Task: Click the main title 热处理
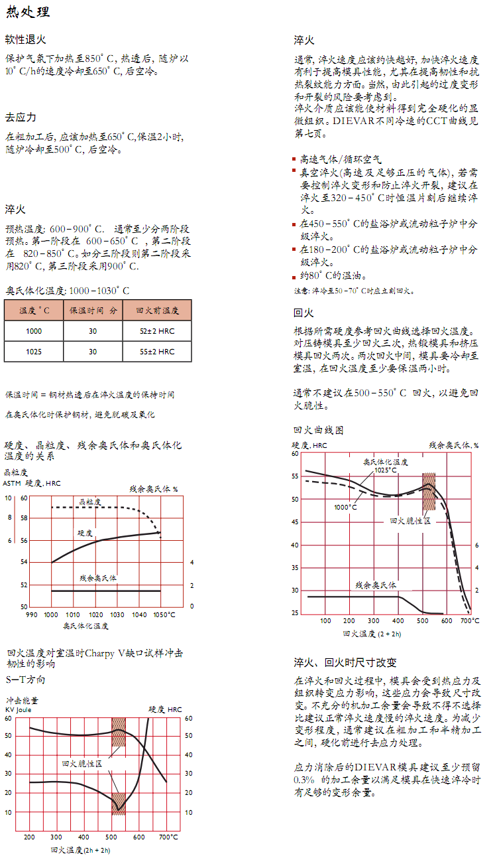pos(27,13)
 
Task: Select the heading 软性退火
pos(26,40)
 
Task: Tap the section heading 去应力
pos(21,117)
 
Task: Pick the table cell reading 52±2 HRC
pos(157,330)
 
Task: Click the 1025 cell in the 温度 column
pos(34,352)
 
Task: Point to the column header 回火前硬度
pos(157,311)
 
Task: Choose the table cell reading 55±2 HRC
pos(157,352)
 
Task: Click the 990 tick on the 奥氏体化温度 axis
pos(31,615)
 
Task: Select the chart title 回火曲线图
pos(318,430)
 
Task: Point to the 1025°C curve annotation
pos(386,470)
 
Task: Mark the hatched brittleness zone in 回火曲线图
pos(429,491)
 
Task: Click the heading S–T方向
pos(25,680)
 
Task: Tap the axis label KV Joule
pos(19,709)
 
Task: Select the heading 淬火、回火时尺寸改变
pos(345,662)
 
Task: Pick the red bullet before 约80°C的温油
pos(296,277)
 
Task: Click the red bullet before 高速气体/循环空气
pos(296,160)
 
